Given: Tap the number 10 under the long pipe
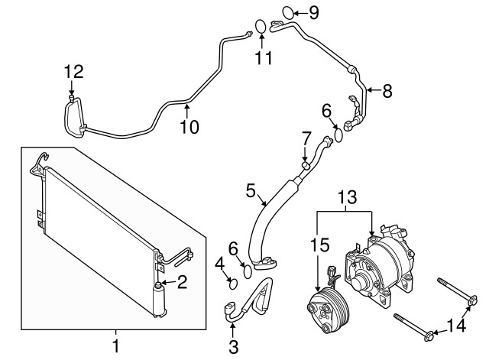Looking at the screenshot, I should pos(188,126).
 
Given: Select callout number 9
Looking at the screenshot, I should pos(314,11).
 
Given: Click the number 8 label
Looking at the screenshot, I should pos(387,92).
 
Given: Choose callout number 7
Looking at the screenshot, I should pos(306,138).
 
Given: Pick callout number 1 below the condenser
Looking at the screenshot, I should pos(115,346).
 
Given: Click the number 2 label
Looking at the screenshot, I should pos(182,282).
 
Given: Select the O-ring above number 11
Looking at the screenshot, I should pos(261,25).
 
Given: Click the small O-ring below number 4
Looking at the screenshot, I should pos(234,284).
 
